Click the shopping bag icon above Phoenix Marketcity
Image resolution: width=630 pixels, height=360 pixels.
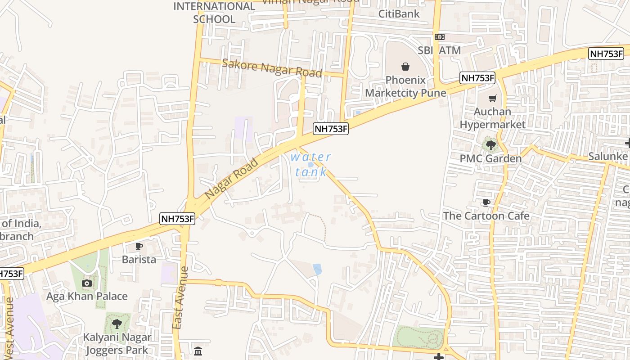click(405, 67)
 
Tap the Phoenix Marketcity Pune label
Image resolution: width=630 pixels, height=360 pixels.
click(405, 86)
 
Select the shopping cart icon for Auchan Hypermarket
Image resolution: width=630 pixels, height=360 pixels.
click(493, 98)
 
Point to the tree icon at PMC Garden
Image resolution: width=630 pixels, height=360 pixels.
click(490, 145)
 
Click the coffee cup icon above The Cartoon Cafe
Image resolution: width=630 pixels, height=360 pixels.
click(486, 203)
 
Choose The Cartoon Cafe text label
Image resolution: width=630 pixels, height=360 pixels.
click(486, 216)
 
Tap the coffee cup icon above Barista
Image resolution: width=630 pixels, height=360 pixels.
click(139, 246)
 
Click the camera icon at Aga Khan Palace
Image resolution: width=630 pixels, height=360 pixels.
click(87, 283)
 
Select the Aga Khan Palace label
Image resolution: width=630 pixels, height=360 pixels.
click(87, 296)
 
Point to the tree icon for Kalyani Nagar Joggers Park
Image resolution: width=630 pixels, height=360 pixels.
click(117, 323)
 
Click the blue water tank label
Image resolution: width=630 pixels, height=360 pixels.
click(311, 164)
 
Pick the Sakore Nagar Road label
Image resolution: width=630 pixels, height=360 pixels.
click(272, 68)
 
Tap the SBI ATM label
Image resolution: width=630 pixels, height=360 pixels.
click(439, 50)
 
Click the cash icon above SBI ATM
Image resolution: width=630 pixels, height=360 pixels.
click(440, 37)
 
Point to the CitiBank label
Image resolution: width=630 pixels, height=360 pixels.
click(399, 13)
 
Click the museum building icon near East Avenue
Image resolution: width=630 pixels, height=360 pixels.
click(198, 351)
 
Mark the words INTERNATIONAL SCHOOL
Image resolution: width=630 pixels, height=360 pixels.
click(214, 13)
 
